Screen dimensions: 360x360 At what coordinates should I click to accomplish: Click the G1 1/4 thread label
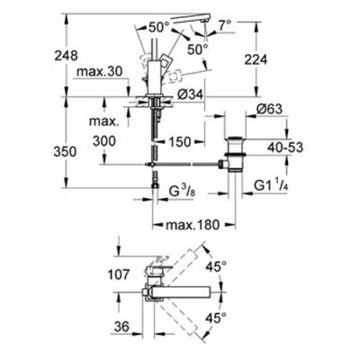271,186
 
